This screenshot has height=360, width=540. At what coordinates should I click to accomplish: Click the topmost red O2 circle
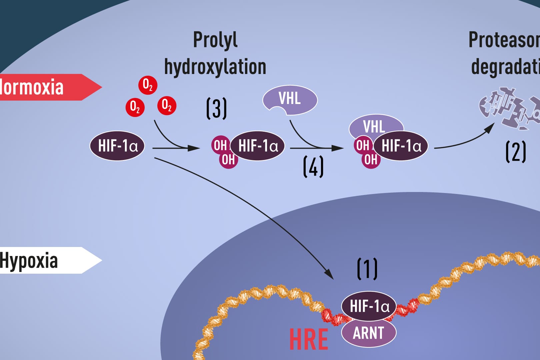(x=148, y=85)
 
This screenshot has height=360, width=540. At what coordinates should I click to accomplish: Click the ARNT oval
(x=369, y=333)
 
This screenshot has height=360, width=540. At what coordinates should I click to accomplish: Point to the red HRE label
(x=308, y=339)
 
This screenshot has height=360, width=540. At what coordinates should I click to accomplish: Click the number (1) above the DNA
(x=367, y=269)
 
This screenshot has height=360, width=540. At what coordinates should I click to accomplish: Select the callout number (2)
(x=516, y=152)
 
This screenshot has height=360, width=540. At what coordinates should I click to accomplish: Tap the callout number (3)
(x=216, y=108)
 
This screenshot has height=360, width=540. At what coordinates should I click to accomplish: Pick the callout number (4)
(x=313, y=167)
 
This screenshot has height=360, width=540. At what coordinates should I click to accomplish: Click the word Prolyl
(x=215, y=40)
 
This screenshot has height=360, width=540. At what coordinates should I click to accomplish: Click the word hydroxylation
(x=215, y=67)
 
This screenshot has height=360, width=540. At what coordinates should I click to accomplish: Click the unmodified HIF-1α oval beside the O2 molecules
(x=117, y=146)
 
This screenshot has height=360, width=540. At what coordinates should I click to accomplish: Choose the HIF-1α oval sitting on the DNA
(x=369, y=306)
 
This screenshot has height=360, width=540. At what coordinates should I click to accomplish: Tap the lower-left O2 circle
(x=135, y=107)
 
